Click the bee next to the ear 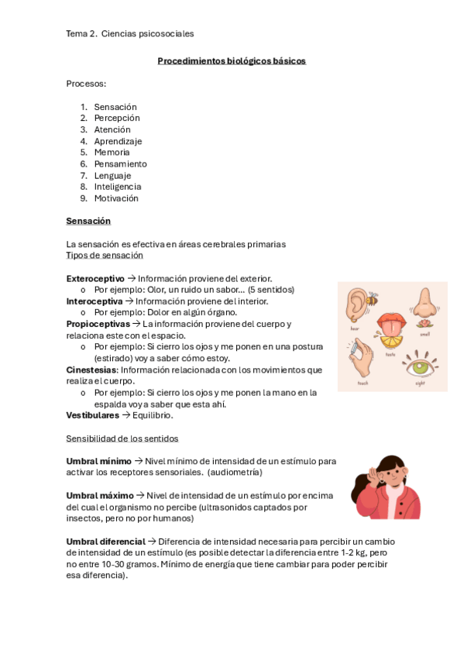[x=373, y=296]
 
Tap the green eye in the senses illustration [x=421, y=363]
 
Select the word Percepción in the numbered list [x=117, y=119]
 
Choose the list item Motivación [x=116, y=198]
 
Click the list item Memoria [x=112, y=153]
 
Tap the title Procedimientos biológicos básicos [x=232, y=60]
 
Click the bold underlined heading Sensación [x=88, y=222]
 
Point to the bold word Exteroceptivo [x=95, y=278]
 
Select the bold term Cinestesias [x=91, y=370]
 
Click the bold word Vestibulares [x=93, y=415]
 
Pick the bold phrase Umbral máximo [x=100, y=495]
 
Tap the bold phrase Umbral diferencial [x=105, y=541]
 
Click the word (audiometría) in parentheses [x=235, y=472]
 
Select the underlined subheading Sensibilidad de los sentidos [x=122, y=439]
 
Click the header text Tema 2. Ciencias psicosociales [x=130, y=34]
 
